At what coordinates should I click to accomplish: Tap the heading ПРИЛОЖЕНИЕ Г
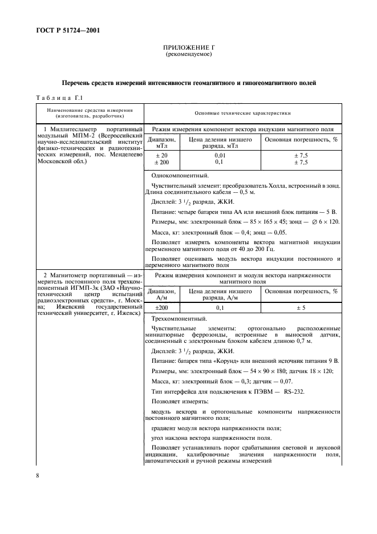[188, 48]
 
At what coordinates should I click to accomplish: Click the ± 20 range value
[162, 155]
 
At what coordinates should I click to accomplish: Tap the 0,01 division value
[220, 155]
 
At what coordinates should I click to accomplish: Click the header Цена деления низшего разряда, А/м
[220, 294]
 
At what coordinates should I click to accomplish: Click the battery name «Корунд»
[241, 361]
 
